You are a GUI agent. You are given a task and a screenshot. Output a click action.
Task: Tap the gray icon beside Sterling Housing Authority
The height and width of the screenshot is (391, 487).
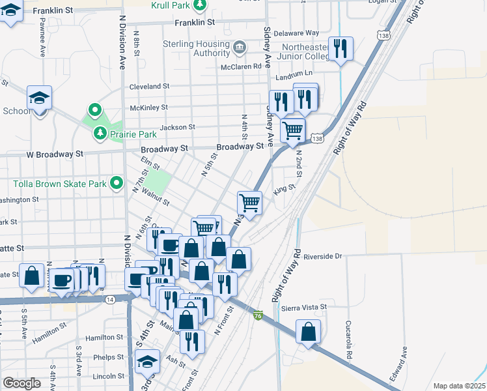click(240, 47)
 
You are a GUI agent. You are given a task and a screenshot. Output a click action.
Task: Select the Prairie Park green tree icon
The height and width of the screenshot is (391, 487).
click(99, 134)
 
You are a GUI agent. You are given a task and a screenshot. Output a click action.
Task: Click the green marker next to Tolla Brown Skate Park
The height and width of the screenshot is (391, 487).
click(117, 183)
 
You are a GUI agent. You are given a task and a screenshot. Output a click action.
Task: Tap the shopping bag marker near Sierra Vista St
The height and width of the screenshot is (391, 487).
click(309, 332)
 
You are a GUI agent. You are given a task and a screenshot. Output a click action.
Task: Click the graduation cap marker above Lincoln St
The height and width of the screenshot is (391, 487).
click(148, 361)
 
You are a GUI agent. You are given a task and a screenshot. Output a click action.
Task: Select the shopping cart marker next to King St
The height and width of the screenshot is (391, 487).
click(249, 203)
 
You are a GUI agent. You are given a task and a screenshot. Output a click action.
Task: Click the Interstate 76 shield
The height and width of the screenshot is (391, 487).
click(258, 315)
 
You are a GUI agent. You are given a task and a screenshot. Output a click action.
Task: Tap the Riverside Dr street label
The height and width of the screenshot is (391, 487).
click(322, 256)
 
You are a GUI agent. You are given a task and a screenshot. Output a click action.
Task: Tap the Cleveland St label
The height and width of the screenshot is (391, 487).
click(149, 86)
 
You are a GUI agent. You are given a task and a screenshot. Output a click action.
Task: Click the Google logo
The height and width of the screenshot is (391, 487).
click(22, 383)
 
